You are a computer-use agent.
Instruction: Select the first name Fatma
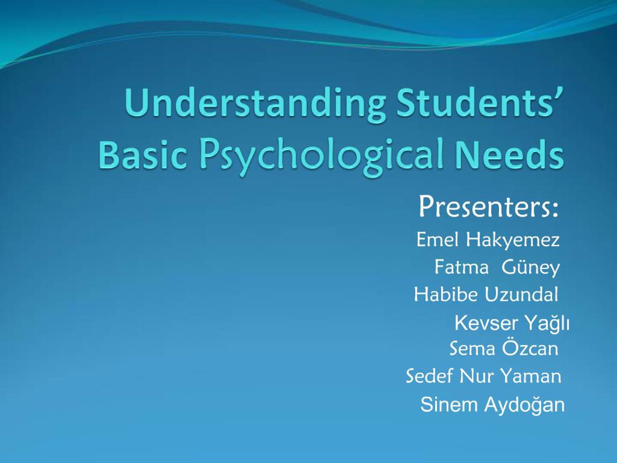(461, 267)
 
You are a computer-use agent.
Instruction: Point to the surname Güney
(530, 267)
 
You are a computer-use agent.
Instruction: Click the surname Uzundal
(522, 294)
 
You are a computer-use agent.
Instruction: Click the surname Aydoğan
(524, 405)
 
